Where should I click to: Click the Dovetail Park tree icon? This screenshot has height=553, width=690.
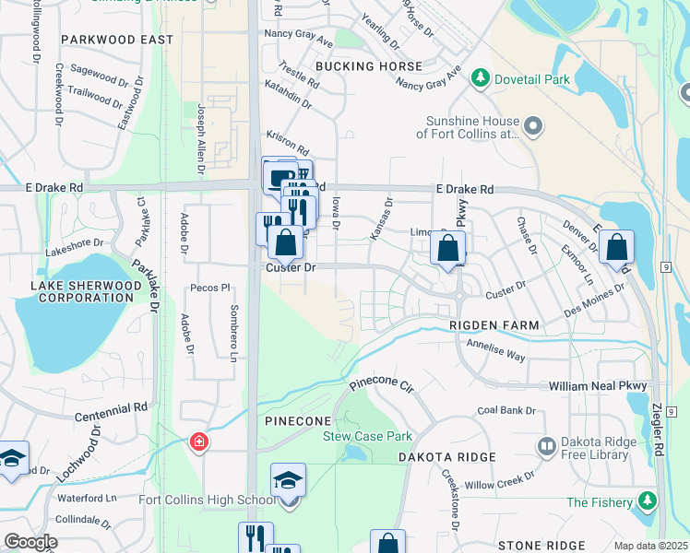(x=480, y=79)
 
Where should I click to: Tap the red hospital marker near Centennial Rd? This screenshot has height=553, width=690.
(x=198, y=443)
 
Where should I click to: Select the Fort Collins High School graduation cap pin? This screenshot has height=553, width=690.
(x=288, y=481)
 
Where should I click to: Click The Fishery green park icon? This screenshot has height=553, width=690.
(x=648, y=501)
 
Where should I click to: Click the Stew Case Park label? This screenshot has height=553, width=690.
(x=366, y=436)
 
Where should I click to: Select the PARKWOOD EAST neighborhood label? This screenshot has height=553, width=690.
(x=117, y=40)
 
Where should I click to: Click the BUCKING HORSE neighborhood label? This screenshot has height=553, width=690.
(x=369, y=66)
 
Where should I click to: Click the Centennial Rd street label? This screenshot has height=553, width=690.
(x=113, y=406)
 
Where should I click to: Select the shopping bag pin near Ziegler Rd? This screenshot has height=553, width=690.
(x=616, y=248)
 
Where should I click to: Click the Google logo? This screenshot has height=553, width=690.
(x=30, y=542)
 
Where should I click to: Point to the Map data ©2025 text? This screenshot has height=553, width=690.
(x=649, y=546)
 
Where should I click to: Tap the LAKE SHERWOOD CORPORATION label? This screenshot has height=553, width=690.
(x=87, y=291)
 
